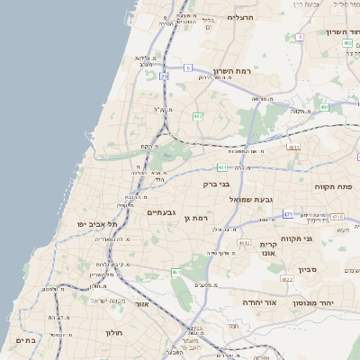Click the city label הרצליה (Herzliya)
click(242, 18)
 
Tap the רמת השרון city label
click(237, 70)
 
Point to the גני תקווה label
click(320, 238)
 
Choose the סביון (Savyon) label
click(308, 269)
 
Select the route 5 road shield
click(188, 67)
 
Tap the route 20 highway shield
click(164, 76)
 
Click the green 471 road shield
click(288, 214)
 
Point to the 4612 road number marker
click(244, 242)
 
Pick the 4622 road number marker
click(287, 279)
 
